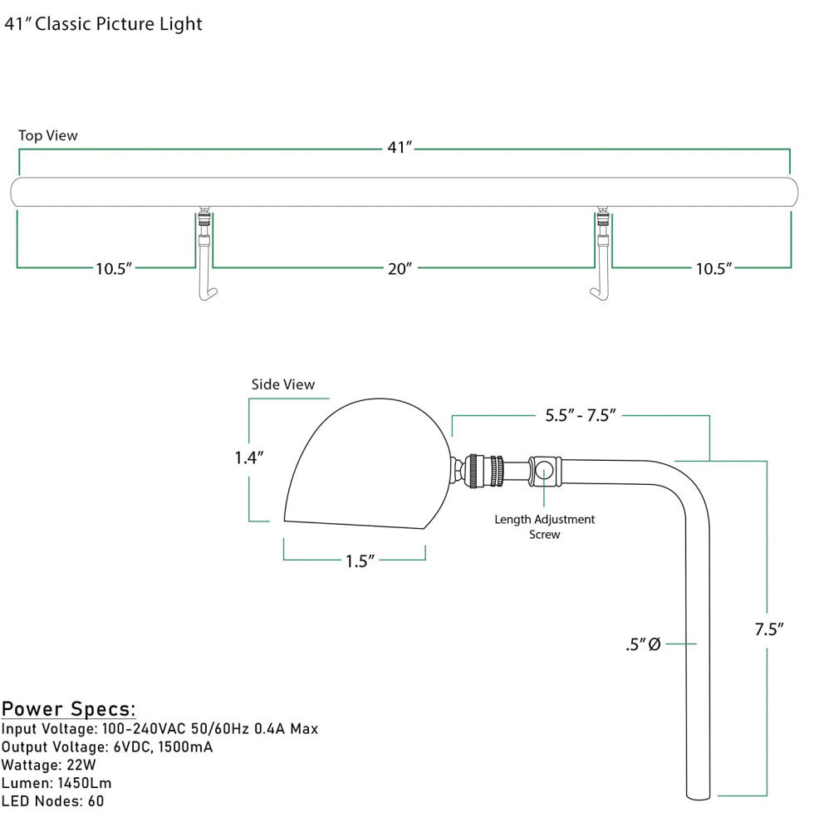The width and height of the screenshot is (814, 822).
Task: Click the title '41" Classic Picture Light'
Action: (103, 24)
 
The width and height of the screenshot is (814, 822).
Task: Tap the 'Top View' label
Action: (48, 135)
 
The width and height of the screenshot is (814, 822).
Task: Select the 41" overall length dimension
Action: (400, 148)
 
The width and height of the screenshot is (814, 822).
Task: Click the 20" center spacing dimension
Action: (400, 268)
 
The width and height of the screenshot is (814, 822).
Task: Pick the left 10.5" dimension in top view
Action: (114, 268)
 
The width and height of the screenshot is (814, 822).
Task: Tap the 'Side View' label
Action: (283, 384)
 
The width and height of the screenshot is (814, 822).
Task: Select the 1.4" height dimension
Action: (248, 457)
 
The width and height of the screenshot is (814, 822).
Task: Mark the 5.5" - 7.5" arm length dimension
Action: (580, 416)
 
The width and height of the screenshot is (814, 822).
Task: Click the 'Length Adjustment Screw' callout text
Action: (545, 526)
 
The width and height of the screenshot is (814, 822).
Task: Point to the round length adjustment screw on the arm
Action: (544, 470)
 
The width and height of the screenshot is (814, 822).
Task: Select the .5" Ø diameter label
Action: (643, 643)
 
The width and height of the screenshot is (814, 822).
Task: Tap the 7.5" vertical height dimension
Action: (769, 629)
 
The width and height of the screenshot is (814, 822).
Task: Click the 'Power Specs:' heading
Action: (68, 709)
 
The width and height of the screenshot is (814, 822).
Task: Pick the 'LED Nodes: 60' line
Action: (53, 801)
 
